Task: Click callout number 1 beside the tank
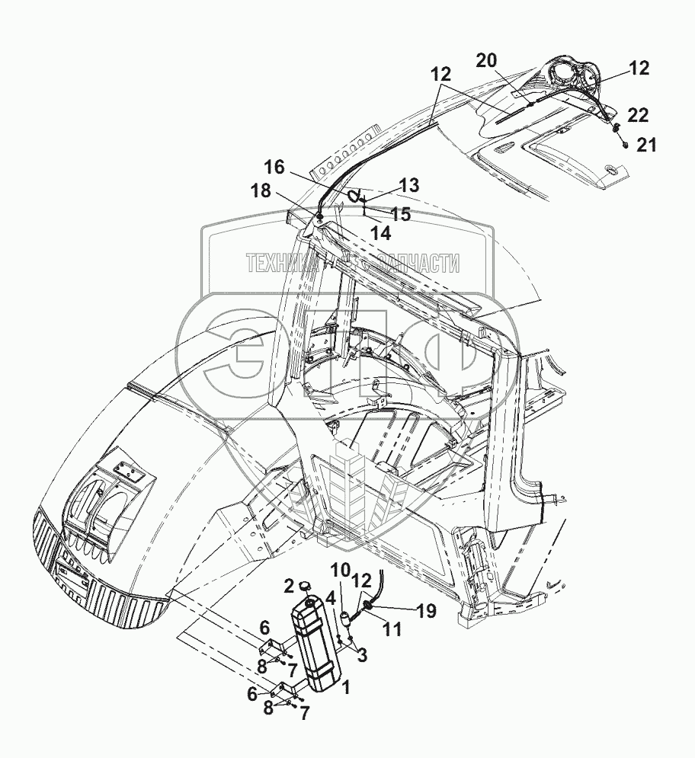pyautogui.click(x=346, y=688)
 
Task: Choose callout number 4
pyautogui.click(x=331, y=596)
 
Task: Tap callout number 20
pyautogui.click(x=488, y=61)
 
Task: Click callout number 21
pyautogui.click(x=646, y=146)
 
